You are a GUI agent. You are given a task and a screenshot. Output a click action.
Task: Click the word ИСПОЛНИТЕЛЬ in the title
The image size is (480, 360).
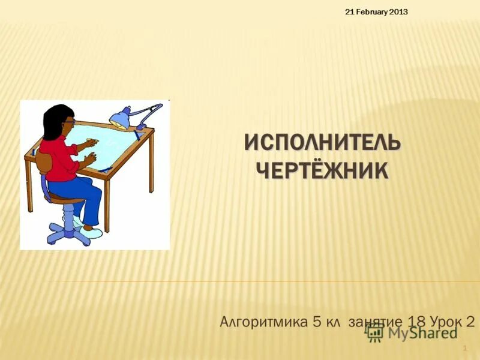pos(322,144)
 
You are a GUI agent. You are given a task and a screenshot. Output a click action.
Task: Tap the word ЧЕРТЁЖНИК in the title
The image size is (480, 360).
pos(322,170)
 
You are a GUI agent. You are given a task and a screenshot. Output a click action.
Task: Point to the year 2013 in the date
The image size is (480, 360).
pos(399,12)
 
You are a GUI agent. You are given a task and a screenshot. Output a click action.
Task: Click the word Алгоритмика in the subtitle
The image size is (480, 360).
pos(264,322)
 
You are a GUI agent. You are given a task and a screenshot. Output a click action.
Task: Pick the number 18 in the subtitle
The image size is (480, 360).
pos(419,322)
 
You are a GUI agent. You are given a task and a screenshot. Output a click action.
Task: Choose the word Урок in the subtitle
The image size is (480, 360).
pos(446,322)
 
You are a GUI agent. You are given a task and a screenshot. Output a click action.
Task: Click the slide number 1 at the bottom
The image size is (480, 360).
pos(466,348)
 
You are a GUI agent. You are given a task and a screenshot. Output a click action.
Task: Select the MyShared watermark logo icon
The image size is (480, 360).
pos(375,332)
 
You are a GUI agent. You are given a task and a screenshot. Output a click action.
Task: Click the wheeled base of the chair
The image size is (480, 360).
pos(69,231)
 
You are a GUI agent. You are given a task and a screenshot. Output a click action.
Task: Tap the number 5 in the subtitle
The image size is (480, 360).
pos(317,322)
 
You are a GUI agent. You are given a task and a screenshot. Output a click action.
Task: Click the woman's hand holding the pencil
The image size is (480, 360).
pos(92,142)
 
